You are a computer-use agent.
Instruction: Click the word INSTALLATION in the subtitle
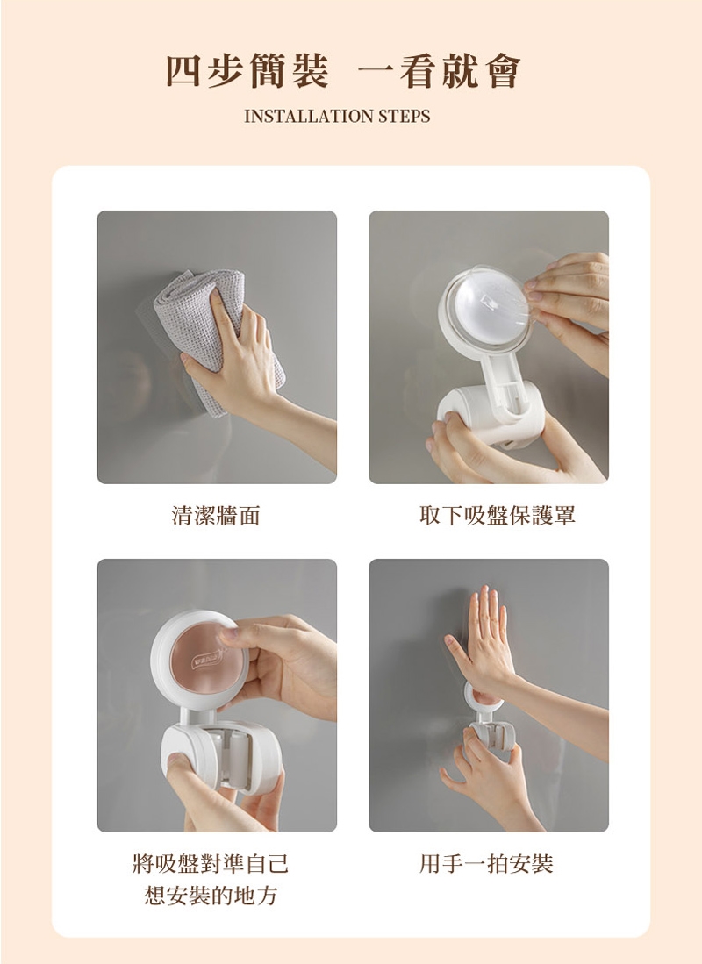point(308,116)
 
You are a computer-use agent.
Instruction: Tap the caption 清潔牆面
point(216,515)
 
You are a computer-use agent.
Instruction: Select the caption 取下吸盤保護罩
point(498,515)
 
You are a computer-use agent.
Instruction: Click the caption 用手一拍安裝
point(486,863)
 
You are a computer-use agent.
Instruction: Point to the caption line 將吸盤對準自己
point(211,863)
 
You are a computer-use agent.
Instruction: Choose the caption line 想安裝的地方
point(211,895)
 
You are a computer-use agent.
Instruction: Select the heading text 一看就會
point(439,71)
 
